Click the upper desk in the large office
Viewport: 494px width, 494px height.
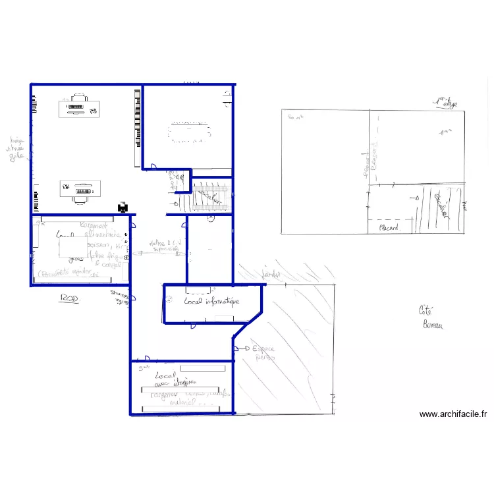pos(80,107)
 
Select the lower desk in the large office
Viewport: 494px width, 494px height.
pos(80,189)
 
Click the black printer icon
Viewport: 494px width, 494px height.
pos(123,208)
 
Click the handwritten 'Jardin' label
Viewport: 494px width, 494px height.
pos(271,274)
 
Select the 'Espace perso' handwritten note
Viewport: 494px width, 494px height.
pos(263,353)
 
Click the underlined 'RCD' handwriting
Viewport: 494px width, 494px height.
pos(69,299)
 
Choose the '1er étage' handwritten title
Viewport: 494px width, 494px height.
pos(445,102)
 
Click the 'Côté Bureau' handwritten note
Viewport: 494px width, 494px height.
pos(431,317)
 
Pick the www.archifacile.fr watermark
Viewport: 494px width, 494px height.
pos(453,414)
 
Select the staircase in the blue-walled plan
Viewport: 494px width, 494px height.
pos(211,196)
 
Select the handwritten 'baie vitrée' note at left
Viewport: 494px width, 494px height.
pos(14,149)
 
